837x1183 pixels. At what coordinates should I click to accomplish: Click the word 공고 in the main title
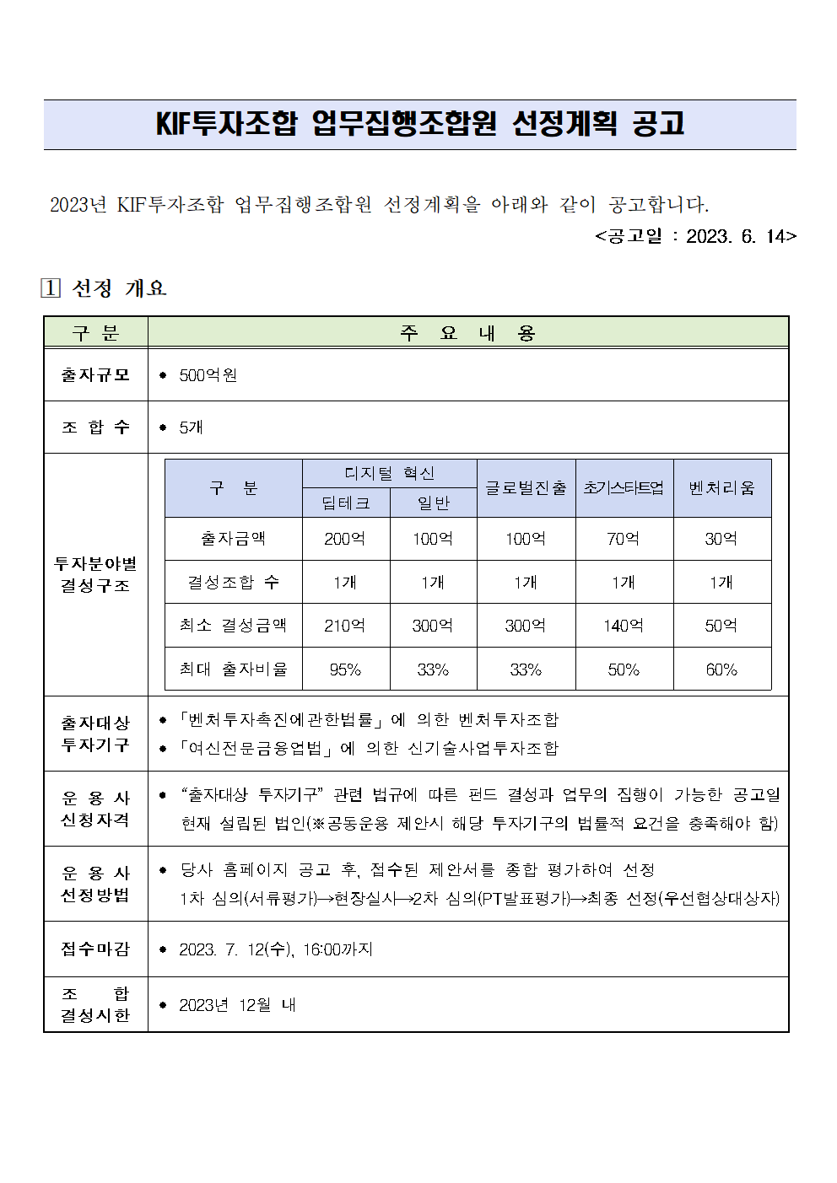(658, 124)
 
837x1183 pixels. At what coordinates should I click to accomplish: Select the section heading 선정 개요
(119, 288)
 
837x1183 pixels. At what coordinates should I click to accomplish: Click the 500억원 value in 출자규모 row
(208, 375)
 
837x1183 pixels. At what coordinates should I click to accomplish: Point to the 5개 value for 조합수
(191, 427)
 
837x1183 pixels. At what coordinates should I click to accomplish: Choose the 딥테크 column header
(346, 503)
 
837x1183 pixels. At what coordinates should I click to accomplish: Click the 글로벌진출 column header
(526, 488)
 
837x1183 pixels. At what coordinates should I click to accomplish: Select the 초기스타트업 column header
(624, 488)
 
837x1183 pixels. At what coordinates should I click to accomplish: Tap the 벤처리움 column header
(721, 488)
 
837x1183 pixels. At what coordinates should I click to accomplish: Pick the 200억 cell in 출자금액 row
(345, 539)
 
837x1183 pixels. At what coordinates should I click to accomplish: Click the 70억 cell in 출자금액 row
(624, 539)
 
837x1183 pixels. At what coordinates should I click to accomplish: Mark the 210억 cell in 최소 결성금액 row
(345, 626)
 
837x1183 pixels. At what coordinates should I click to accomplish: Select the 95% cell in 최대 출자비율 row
(345, 669)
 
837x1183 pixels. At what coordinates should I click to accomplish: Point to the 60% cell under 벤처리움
(721, 669)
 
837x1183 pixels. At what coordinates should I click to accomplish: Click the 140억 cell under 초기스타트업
(624, 626)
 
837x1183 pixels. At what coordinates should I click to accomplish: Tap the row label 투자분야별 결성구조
(95, 574)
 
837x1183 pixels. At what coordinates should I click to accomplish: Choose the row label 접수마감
(95, 949)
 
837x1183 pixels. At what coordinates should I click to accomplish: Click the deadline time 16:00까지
(337, 949)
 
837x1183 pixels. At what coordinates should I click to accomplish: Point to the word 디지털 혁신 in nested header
(389, 474)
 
